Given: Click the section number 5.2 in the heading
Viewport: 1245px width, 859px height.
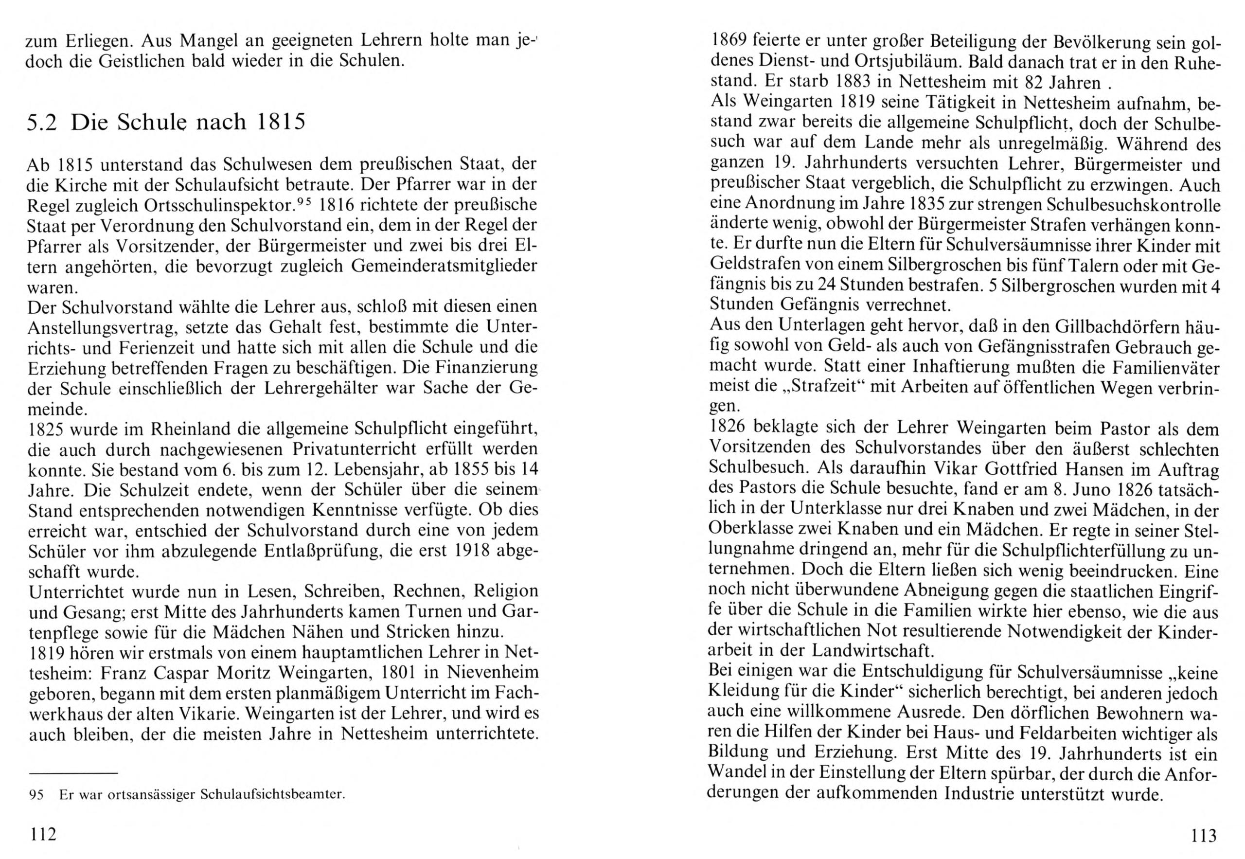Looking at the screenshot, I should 44,123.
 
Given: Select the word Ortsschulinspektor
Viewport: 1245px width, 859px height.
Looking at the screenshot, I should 221,206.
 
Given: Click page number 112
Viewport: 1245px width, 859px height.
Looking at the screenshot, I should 44,835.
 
